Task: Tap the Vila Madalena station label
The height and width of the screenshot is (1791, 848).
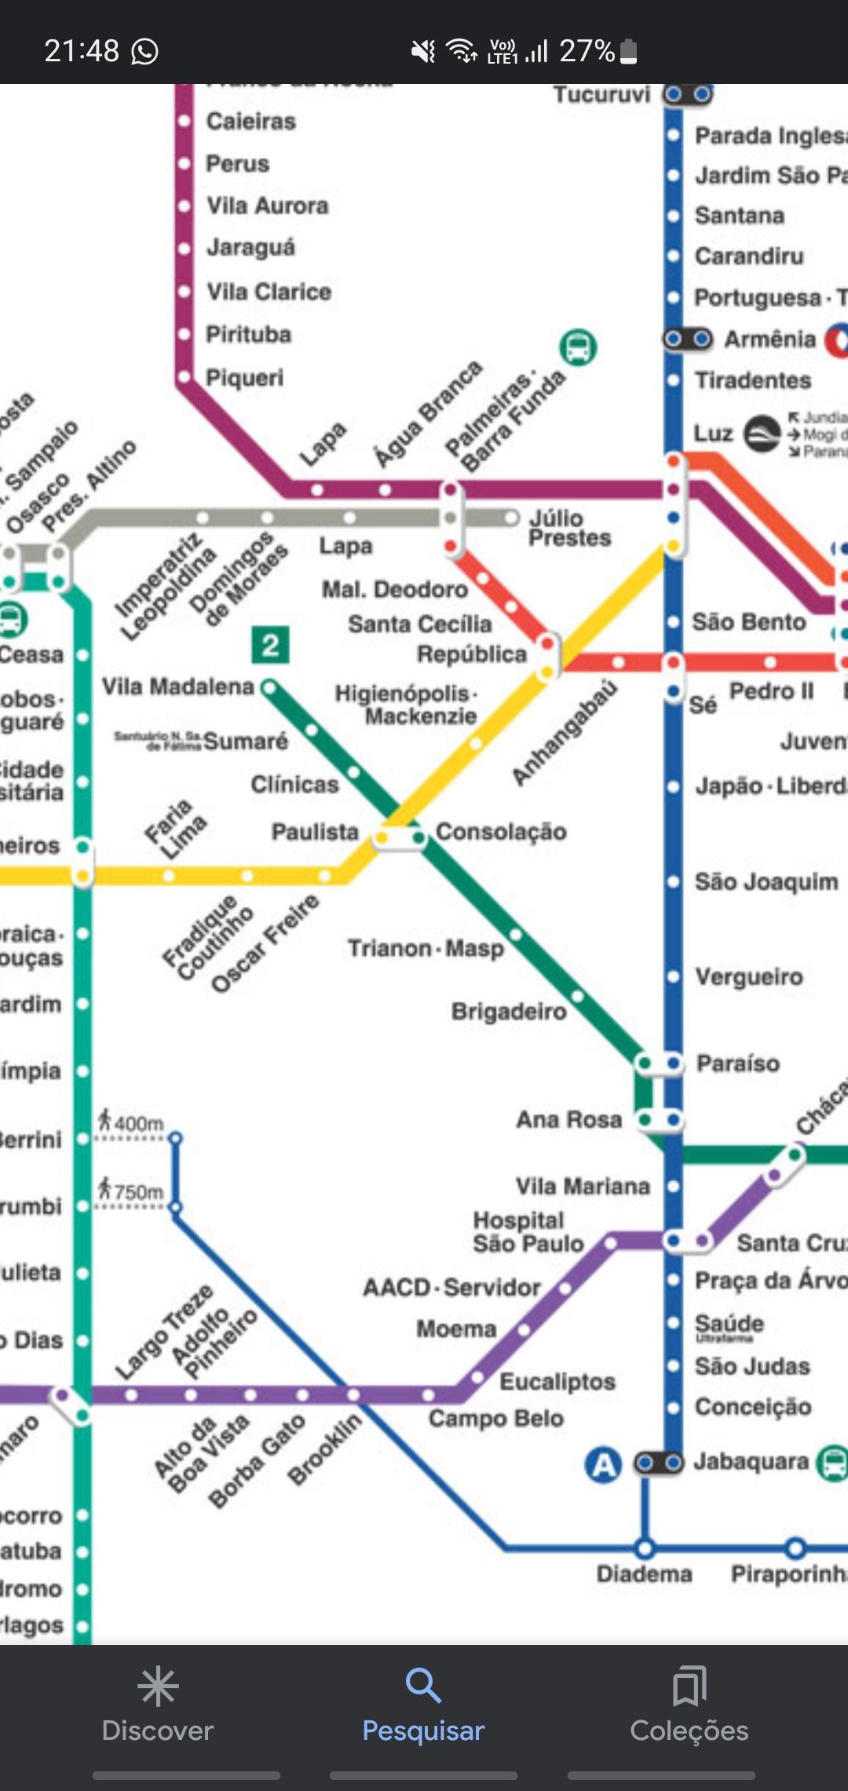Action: click(177, 687)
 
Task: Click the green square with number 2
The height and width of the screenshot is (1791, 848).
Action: click(270, 645)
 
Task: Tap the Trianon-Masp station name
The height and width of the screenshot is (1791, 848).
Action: click(426, 948)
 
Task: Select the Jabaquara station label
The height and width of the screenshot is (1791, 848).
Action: click(751, 1462)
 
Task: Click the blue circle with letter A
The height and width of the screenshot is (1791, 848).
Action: click(603, 1465)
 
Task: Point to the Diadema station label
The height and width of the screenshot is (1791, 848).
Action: click(644, 1574)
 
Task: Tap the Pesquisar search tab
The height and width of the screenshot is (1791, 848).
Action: click(423, 1705)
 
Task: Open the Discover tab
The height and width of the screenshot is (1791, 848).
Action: click(158, 1705)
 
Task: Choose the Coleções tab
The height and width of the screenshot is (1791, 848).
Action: click(689, 1705)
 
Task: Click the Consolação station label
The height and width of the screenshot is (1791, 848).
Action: click(501, 831)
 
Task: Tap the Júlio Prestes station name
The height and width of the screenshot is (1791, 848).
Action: click(569, 528)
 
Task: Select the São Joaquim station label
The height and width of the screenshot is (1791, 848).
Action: click(766, 882)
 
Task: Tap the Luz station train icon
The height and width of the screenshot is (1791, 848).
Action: click(762, 434)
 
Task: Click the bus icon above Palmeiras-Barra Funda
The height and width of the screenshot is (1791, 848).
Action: click(578, 346)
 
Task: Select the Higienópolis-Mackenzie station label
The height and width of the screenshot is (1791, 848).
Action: click(407, 705)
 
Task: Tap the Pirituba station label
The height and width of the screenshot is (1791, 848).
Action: click(248, 335)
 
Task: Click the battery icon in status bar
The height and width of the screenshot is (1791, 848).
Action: click(628, 52)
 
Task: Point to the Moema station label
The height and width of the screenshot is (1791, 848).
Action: click(456, 1329)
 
